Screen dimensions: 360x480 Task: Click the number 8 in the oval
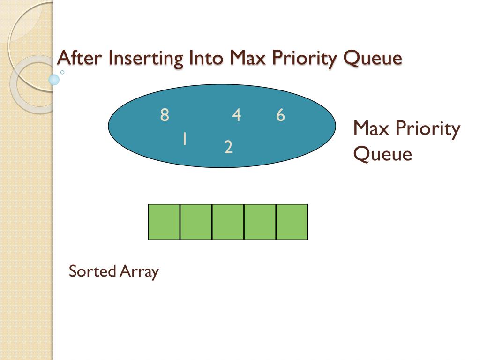pos(164,115)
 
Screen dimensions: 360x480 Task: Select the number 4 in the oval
pos(236,115)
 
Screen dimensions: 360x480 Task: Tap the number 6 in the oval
pos(280,115)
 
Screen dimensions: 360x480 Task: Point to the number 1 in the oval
pos(185,139)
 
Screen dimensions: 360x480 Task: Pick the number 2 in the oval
pos(229,148)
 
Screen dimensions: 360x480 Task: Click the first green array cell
pos(164,222)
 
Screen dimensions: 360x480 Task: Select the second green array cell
pos(196,222)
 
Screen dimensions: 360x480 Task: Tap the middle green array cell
pos(228,222)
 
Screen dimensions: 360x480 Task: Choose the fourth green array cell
pos(260,222)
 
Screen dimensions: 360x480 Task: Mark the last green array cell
pos(292,222)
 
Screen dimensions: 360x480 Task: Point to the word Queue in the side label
pos(382,154)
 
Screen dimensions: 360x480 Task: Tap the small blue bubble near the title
pos(54,80)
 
